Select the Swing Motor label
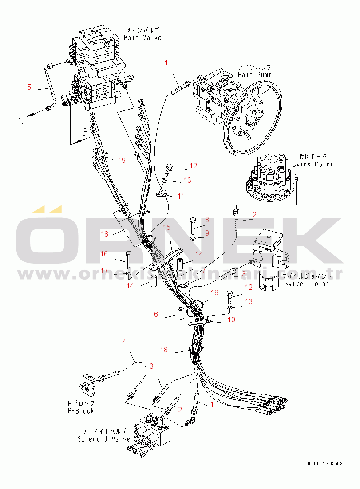tap(313, 164)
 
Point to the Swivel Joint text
tap(306, 284)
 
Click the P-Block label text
tap(81, 411)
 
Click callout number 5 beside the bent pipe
tap(29, 87)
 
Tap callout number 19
tap(122, 160)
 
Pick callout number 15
tap(166, 227)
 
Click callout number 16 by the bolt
tap(104, 254)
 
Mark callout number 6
tap(156, 314)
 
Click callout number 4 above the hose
tap(124, 342)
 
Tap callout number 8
tap(206, 219)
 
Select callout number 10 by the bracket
tap(231, 319)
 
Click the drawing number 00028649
tap(325, 463)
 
